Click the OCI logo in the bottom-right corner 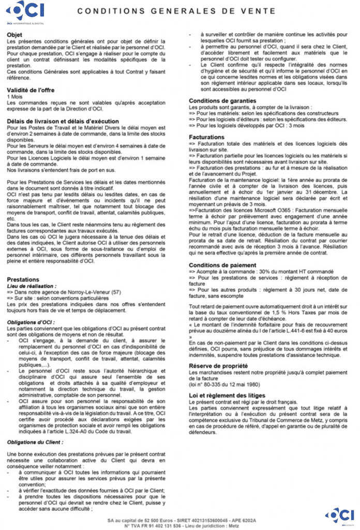click(341, 515)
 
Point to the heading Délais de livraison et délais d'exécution click(56, 121)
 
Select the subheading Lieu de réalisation click(32, 286)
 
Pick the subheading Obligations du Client click(35, 443)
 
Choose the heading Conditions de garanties click(222, 100)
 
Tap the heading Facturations click(206, 137)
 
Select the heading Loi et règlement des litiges click(227, 396)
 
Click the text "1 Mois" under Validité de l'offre click(16, 96)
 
